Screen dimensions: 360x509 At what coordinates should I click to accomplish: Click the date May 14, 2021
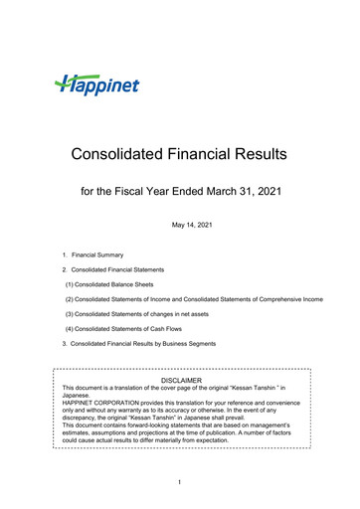tap(180, 227)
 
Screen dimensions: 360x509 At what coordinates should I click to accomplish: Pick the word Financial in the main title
tap(194, 155)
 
